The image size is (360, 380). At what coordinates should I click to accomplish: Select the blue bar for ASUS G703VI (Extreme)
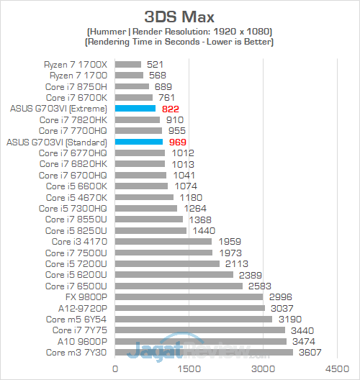point(135,108)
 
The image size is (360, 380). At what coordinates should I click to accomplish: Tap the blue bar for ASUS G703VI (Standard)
point(138,142)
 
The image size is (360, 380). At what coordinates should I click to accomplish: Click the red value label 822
point(169,108)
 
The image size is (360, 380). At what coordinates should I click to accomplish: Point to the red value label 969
point(176,142)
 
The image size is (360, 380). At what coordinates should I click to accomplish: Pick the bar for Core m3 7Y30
point(204,352)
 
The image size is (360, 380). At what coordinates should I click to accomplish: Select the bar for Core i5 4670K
point(144,197)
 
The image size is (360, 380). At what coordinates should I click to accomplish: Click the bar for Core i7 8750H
point(132,86)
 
